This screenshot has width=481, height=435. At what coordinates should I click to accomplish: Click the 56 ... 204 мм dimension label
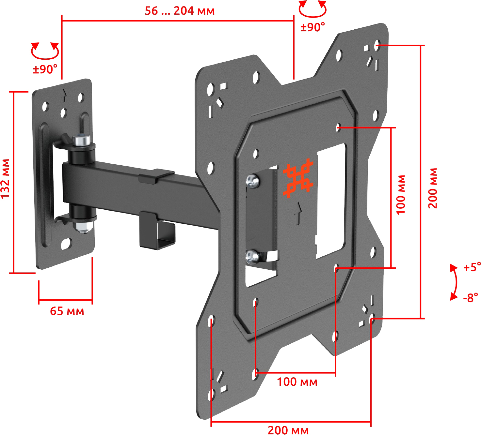tap(180, 11)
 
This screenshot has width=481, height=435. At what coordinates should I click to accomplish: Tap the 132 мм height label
tap(6, 179)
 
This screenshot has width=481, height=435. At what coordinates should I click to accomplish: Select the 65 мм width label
tap(67, 311)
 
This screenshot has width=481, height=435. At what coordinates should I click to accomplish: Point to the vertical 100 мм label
tap(401, 195)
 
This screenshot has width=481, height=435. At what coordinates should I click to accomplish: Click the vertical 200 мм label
tap(433, 188)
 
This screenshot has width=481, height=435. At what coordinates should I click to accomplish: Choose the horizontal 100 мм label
tap(297, 382)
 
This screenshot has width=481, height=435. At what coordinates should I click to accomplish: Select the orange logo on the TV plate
tap(298, 178)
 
